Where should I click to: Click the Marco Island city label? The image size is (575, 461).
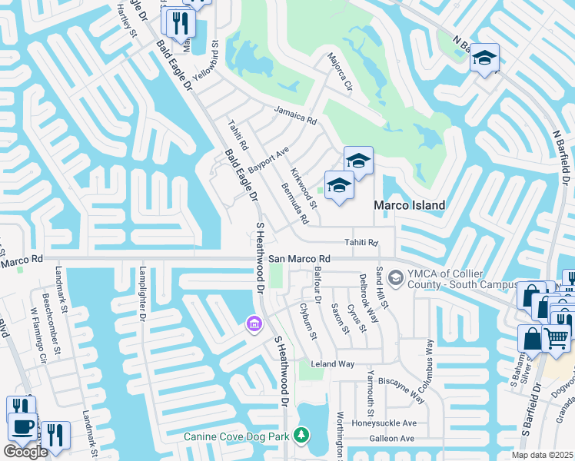point(410,205)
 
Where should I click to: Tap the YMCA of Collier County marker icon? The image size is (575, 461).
point(396,277)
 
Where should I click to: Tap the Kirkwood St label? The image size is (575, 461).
point(303,188)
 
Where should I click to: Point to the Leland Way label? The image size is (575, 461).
point(332,363)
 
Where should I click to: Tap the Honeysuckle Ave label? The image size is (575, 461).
point(384,423)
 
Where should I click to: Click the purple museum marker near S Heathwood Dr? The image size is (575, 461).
point(254,326)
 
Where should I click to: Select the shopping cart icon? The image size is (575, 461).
point(557,337)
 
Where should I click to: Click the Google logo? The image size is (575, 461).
point(25,452)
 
